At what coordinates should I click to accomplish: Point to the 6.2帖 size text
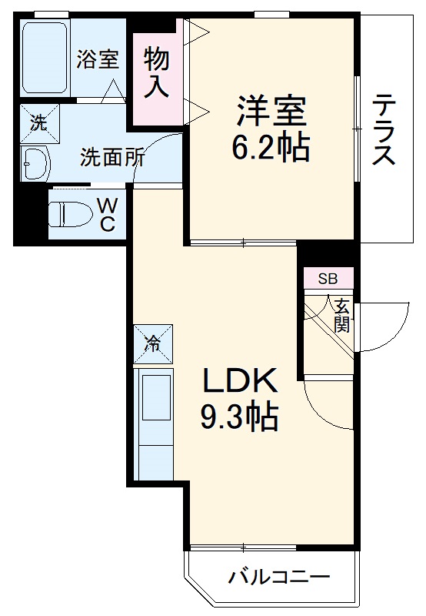coord(271,149)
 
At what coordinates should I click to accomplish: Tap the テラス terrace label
coord(384,129)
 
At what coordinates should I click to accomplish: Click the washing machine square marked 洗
coord(35,120)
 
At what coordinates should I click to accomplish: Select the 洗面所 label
coord(113,159)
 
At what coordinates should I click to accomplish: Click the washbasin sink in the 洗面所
coord(35,163)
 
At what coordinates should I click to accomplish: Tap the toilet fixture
coord(69,211)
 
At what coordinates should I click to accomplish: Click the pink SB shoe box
coord(328,278)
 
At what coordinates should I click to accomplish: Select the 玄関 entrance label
coord(341,314)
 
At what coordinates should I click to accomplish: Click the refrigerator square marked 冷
coord(153,344)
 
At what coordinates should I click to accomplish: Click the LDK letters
coord(239,382)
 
